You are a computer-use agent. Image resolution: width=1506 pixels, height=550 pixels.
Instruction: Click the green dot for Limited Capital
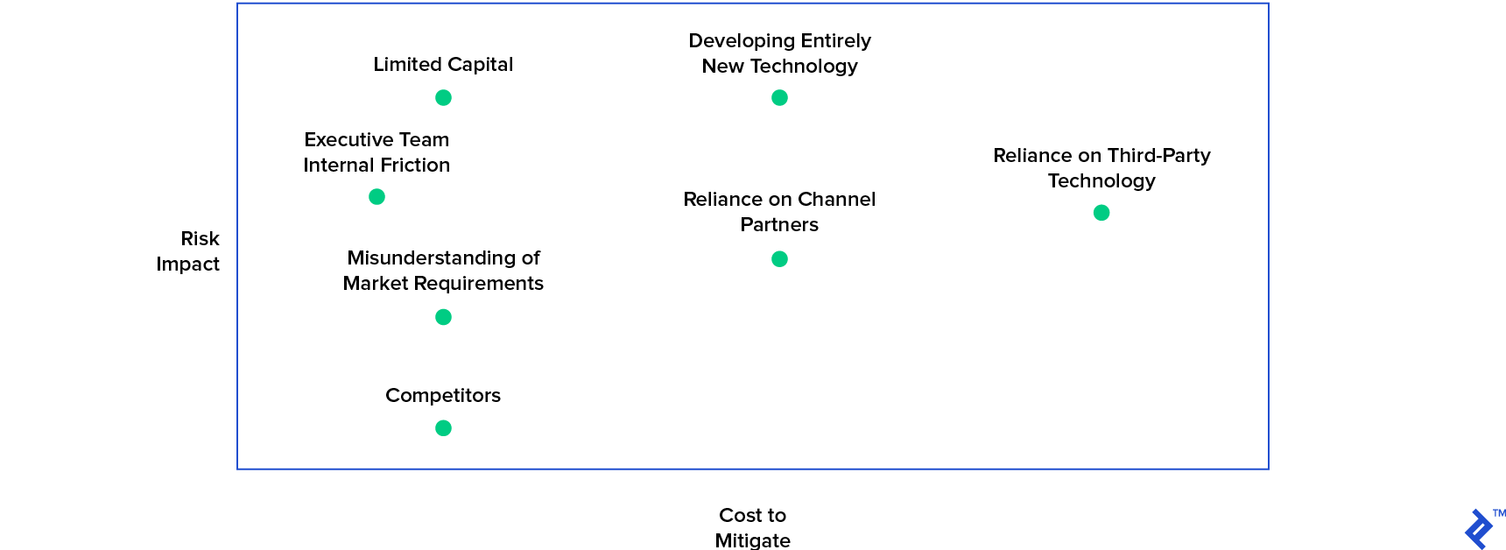coord(443,98)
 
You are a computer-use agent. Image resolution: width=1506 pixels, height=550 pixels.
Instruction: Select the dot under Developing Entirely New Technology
coord(779,98)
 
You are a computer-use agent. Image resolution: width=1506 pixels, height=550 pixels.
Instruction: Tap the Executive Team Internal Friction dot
coord(376,197)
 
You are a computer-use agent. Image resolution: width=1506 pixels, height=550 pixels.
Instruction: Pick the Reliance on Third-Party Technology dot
coord(1101,213)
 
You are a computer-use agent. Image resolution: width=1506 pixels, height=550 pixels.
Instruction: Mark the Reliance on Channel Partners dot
coord(779,259)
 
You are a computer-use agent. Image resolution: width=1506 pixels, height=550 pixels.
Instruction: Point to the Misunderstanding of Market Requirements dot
coord(443,317)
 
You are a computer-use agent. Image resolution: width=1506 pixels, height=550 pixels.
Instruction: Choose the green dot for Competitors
coord(443,428)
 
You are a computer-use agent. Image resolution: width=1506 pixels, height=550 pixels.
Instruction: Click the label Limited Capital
coord(443,65)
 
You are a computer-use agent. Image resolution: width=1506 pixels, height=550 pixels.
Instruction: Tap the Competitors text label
coord(443,396)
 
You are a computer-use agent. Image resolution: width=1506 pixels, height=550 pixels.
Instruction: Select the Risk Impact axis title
coord(188,251)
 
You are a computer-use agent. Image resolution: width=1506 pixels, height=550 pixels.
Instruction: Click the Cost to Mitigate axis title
coord(752,527)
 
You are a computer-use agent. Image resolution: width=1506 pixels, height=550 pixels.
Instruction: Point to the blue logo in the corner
coord(1479,529)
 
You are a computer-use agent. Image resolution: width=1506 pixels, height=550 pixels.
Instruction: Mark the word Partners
coord(779,225)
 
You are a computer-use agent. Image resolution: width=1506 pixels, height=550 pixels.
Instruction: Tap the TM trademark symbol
coord(1499,513)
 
